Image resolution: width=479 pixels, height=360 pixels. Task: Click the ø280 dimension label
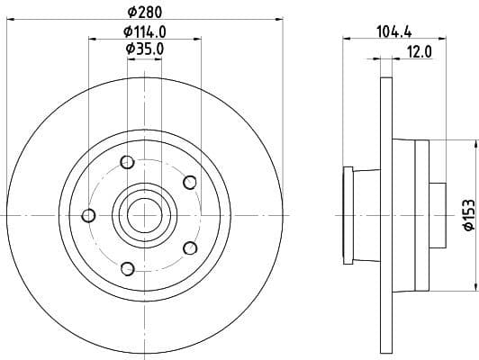pos(144,11)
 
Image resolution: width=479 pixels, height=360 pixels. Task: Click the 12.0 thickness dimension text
pos(420,51)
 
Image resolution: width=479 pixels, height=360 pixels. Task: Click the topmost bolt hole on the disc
pos(126,162)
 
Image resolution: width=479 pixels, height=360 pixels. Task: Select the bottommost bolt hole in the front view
pos(127,267)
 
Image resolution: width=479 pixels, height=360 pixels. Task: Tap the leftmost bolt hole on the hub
pos(88,215)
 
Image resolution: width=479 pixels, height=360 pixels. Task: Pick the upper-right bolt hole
pos(189,183)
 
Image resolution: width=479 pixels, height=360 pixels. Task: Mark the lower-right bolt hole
pos(189,247)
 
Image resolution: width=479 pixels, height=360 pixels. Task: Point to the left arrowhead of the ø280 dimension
pos(9,18)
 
